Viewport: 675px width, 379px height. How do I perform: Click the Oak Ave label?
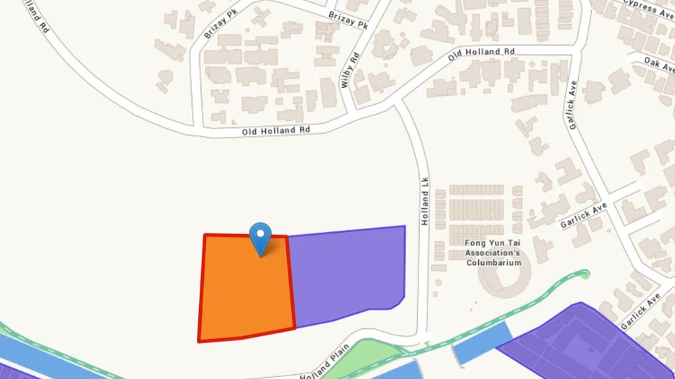click(660, 63)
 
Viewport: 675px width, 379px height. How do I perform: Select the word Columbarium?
click(494, 263)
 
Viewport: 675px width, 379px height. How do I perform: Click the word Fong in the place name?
click(475, 243)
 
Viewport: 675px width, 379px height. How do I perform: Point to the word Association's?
click(493, 253)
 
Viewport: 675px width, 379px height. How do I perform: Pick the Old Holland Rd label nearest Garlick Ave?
click(482, 52)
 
